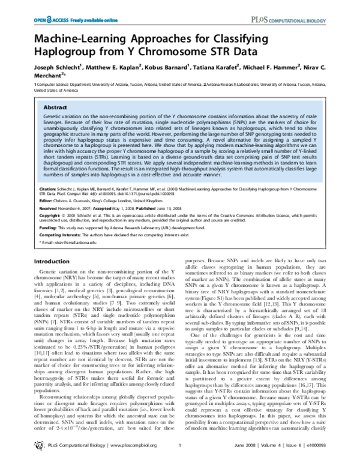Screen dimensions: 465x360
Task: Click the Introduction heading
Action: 52,262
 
